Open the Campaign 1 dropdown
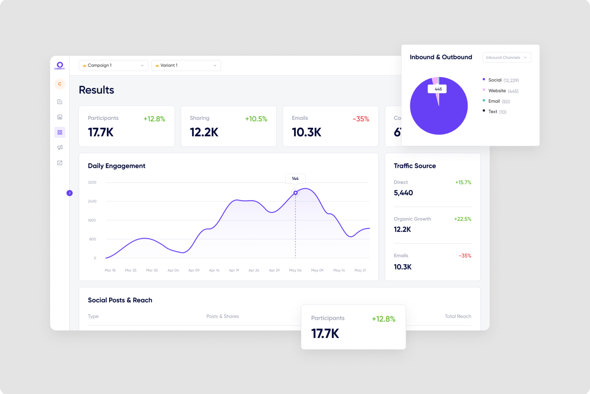tap(113, 65)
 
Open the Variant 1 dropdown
tap(186, 65)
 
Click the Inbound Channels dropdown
tap(506, 57)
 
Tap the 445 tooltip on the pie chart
tap(438, 89)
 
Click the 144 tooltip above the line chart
tap(295, 178)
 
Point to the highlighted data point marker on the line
tap(295, 193)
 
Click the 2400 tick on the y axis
tap(92, 201)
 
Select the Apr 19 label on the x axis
tap(234, 270)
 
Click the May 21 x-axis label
tap(360, 270)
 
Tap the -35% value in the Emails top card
tap(361, 119)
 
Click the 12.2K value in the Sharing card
tap(204, 132)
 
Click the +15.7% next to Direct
tap(463, 182)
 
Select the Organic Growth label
tap(412, 219)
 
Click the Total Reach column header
tap(458, 316)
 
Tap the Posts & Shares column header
tap(222, 316)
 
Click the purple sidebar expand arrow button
tap(70, 193)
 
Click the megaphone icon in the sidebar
tap(60, 147)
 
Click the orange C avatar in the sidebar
tap(60, 84)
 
